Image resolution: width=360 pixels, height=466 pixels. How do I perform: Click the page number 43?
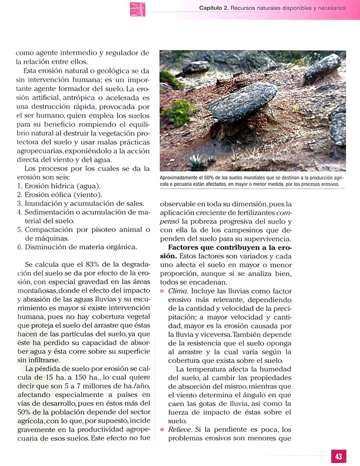[339, 456]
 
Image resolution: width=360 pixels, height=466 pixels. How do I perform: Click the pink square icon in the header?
[137, 9]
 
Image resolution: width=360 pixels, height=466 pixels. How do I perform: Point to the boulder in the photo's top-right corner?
[323, 68]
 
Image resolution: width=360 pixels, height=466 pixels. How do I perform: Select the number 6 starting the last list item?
[20, 247]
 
